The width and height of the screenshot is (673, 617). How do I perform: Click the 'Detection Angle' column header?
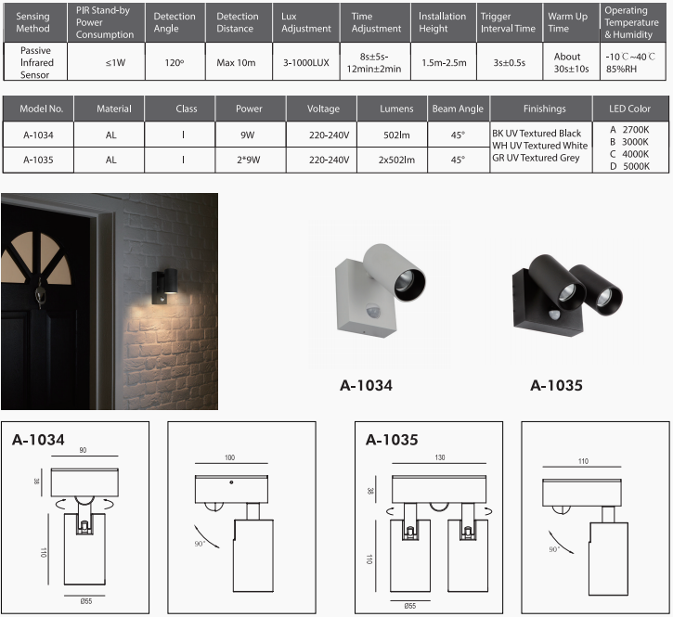[175, 22]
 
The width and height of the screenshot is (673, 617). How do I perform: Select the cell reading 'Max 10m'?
[236, 63]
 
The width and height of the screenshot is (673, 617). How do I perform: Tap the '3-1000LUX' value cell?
[306, 63]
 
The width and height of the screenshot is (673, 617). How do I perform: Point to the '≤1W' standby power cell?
[115, 63]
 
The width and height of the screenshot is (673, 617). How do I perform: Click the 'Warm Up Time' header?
[568, 22]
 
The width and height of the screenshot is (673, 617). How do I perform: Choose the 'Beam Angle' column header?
[458, 109]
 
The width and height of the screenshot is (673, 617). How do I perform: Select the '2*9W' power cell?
[249, 160]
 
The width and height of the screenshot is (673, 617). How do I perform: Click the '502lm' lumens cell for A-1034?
[396, 135]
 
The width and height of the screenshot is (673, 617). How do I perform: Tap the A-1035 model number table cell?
[38, 160]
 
